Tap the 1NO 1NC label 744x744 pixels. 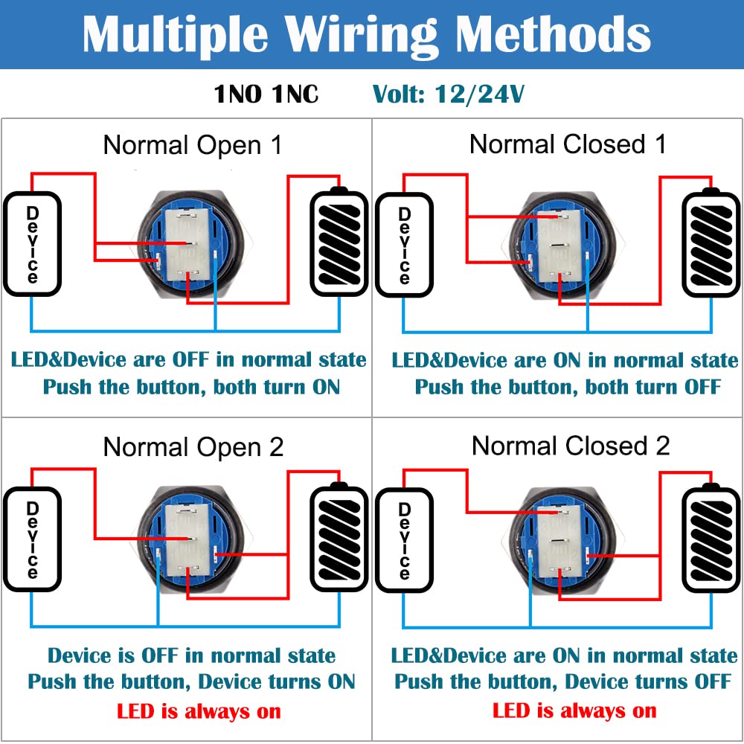266,94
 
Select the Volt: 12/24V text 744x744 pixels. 449,94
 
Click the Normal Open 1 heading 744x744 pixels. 193,145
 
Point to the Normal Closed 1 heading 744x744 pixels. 568,144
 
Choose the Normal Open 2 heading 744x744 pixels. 193,447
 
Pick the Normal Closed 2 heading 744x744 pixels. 571,446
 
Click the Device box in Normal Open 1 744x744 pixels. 32,244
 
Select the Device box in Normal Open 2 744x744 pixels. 32,539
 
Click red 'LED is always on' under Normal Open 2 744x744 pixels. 199,711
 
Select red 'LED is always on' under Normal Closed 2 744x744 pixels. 574,711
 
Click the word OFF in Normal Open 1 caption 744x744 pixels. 190,360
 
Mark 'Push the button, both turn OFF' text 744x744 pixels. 568,387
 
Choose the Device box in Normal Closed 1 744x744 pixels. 404,244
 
